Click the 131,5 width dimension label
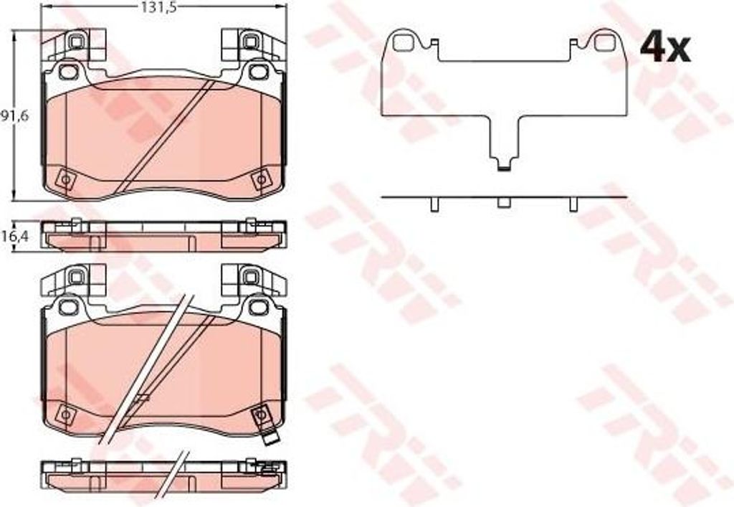[160, 6]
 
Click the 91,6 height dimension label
[14, 115]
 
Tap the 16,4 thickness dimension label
[14, 237]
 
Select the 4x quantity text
[664, 48]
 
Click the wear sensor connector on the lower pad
[270, 440]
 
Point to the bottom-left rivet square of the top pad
[65, 180]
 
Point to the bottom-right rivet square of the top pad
[261, 180]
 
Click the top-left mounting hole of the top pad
[69, 72]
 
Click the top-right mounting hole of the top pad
[257, 72]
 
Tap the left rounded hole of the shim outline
[403, 42]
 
